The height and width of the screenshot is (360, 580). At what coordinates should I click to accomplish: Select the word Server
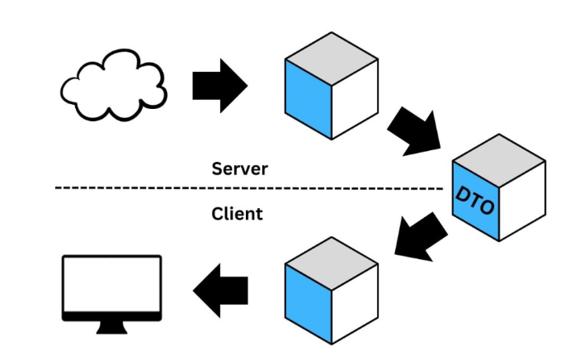[239, 168]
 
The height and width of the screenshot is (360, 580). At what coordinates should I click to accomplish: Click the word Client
[237, 214]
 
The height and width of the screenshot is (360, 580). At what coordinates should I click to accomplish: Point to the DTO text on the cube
[476, 200]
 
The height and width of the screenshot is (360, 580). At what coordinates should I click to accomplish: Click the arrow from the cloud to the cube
[219, 84]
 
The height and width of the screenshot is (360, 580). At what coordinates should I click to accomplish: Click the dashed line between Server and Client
[248, 188]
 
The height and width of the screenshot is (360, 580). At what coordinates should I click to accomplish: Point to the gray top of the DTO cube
[498, 154]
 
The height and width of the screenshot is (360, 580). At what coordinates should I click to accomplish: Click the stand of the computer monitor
[113, 326]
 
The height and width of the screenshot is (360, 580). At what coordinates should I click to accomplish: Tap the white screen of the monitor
[113, 283]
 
